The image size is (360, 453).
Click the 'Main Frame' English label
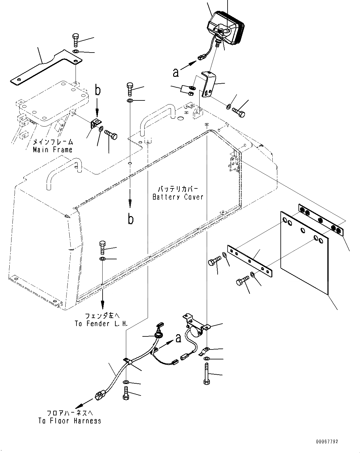[53, 150]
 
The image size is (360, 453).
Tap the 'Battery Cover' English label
[178, 197]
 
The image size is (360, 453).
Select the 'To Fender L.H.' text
[101, 324]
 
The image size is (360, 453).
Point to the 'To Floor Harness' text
[70, 421]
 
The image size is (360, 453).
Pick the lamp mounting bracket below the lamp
[207, 84]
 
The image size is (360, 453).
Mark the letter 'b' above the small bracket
[98, 90]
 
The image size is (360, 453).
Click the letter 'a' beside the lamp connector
[176, 72]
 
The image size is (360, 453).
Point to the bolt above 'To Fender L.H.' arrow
[102, 247]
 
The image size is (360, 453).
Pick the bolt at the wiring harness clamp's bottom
[126, 392]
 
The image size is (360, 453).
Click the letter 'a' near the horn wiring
[178, 338]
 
